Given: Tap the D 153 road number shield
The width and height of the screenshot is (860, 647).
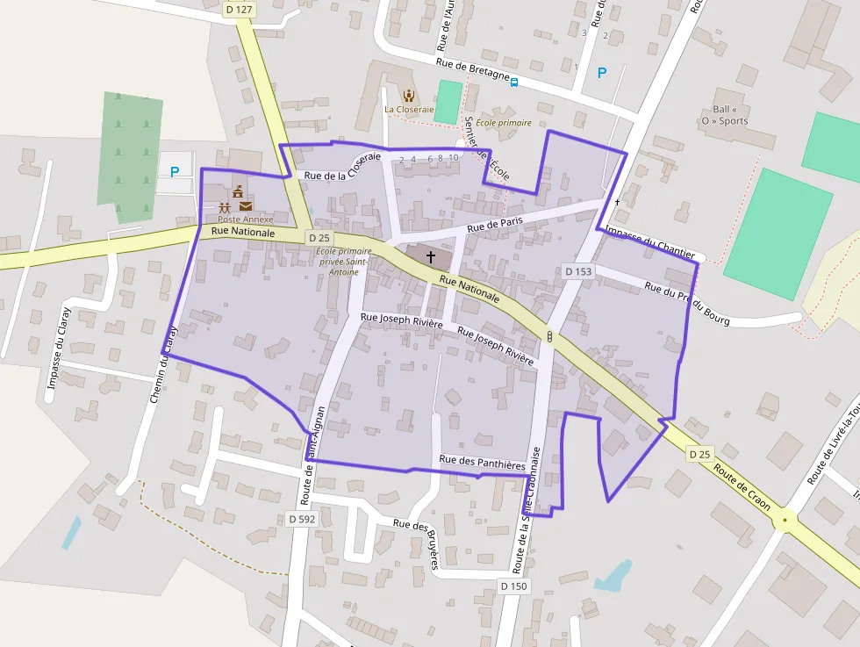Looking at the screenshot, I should click(578, 272).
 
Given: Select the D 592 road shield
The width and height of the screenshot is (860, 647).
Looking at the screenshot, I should click(301, 519).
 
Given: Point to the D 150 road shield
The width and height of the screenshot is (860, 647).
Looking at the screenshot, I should click(514, 586).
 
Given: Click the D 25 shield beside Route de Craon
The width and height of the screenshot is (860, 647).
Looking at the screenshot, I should click(699, 454).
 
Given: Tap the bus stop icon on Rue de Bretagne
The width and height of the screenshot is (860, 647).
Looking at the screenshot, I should click(514, 83).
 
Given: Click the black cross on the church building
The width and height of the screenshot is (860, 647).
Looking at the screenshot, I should click(430, 257).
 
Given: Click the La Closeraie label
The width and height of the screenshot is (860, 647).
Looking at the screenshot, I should click(409, 110).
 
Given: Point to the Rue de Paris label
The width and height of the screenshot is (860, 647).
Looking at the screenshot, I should click(495, 225).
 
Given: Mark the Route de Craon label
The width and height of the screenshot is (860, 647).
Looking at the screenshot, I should click(742, 488).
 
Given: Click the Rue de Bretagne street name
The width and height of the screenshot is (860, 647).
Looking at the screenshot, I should click(473, 68).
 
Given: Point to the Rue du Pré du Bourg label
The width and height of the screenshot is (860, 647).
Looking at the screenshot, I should click(687, 303).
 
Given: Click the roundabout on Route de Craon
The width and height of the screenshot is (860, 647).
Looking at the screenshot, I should click(784, 520).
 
